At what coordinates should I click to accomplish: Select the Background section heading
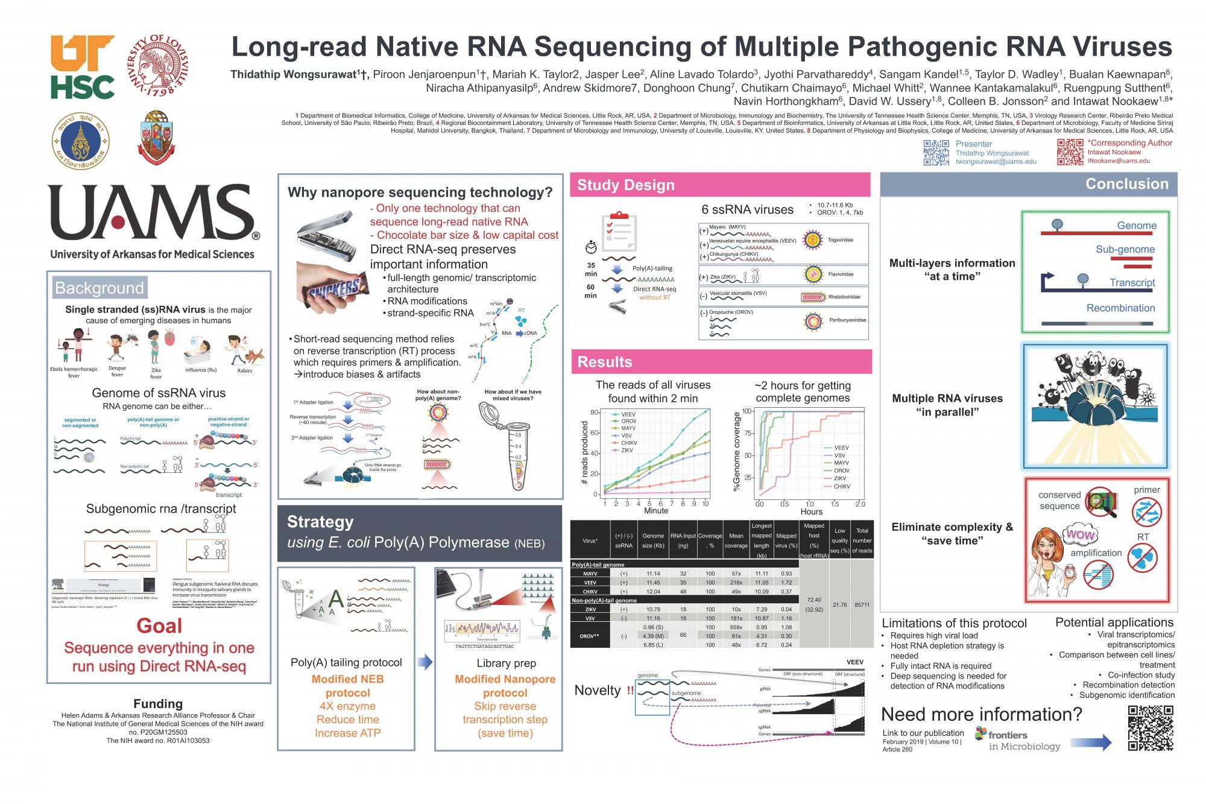click(x=99, y=288)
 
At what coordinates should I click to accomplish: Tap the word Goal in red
click(x=159, y=626)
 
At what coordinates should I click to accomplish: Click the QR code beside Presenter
click(x=936, y=153)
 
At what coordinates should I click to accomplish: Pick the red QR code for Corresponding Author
click(x=1070, y=152)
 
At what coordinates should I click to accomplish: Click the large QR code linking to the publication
click(x=1151, y=728)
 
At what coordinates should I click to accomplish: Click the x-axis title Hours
click(x=811, y=511)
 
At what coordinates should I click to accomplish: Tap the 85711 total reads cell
click(x=862, y=604)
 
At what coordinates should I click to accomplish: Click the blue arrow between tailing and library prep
click(x=425, y=662)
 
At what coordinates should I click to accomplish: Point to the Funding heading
click(x=158, y=704)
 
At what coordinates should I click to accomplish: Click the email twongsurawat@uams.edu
click(x=996, y=162)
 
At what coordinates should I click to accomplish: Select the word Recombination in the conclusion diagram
click(x=1120, y=308)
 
